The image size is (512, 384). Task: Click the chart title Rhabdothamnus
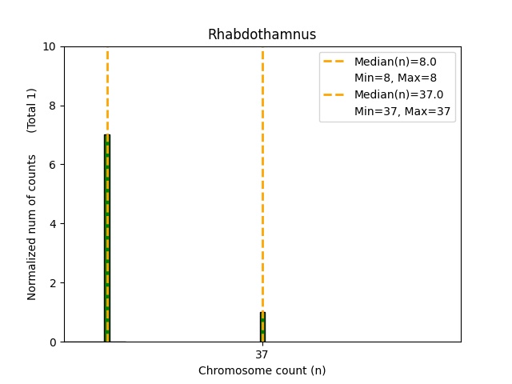tap(262, 34)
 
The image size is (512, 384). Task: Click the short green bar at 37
tap(262, 327)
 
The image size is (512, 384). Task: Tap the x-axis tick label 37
tap(262, 354)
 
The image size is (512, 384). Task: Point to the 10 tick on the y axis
tap(52, 46)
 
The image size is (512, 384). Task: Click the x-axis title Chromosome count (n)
tap(262, 370)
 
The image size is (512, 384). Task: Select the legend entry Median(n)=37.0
tap(398, 94)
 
